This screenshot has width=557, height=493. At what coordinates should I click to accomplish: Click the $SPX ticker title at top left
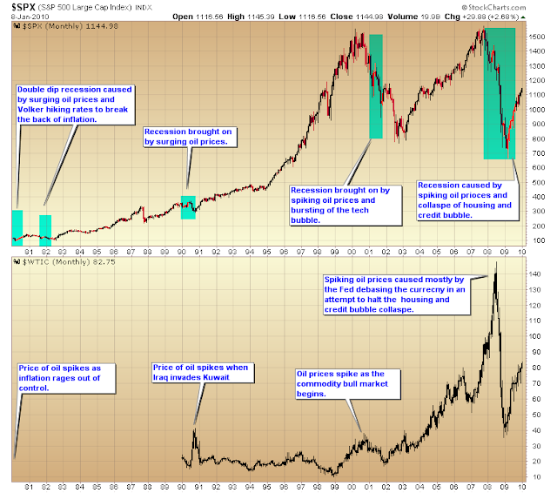[x=23, y=7]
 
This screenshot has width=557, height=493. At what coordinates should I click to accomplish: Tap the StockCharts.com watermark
[x=493, y=8]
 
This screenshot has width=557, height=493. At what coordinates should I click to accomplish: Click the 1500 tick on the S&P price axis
[x=536, y=37]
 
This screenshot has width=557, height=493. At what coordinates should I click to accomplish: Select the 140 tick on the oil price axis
[x=534, y=274]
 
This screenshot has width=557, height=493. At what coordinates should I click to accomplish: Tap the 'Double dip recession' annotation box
[x=76, y=105]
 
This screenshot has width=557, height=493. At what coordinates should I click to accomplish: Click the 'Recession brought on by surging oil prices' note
[x=190, y=137]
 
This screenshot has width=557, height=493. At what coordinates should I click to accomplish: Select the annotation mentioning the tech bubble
[x=346, y=206]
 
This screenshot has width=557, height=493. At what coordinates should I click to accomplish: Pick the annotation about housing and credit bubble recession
[x=467, y=200]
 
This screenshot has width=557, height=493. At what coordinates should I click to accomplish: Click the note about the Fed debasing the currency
[x=397, y=294]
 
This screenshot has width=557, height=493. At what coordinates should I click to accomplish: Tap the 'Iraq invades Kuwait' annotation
[x=203, y=373]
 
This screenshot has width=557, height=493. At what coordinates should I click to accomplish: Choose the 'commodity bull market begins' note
[x=348, y=384]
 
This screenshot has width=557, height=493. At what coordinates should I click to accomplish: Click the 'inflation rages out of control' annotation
[x=66, y=378]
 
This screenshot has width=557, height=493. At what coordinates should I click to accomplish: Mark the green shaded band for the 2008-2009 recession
[x=499, y=93]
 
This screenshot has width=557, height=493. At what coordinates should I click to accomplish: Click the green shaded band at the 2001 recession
[x=376, y=86]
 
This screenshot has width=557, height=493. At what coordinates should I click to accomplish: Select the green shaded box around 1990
[x=188, y=207]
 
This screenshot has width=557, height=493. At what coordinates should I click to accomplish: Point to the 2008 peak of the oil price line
[x=496, y=263]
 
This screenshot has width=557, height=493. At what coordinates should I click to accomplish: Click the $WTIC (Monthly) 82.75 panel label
[x=64, y=262]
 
